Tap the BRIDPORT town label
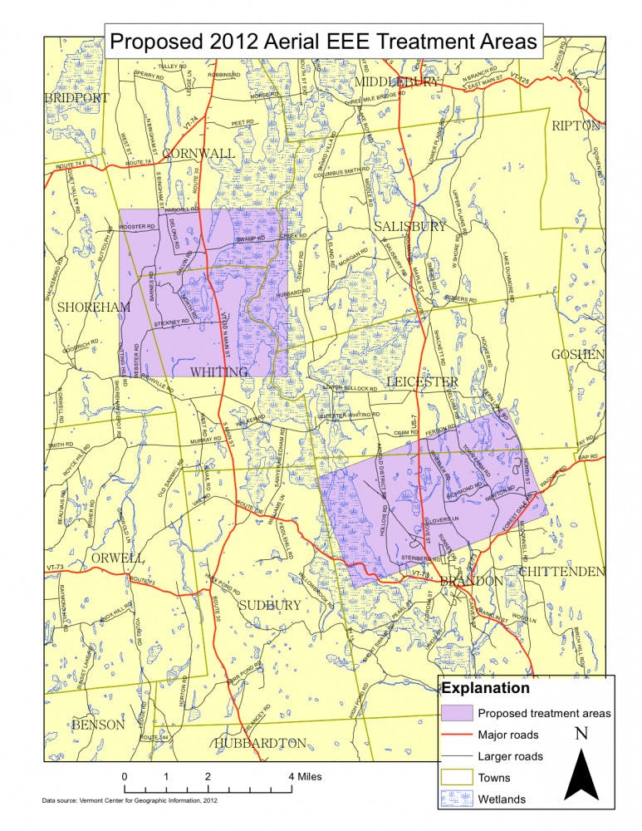tap(77, 98)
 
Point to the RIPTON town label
tap(576, 125)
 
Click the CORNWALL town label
tap(198, 154)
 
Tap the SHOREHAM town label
tap(94, 307)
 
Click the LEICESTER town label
tap(422, 381)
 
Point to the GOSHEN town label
tap(577, 354)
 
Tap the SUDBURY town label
tap(270, 605)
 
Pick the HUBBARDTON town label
tap(261, 742)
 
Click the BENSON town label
tap(98, 725)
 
